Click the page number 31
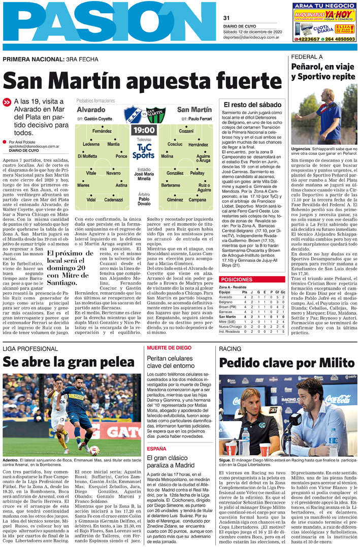(x=226, y=19)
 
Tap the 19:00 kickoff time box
(x=143, y=130)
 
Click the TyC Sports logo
(x=143, y=151)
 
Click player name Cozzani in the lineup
(x=186, y=131)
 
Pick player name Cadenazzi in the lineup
(x=113, y=200)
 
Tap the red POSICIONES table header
(x=251, y=280)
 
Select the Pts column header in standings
(x=245, y=292)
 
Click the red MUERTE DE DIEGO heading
(x=169, y=348)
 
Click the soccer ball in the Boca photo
(x=94, y=449)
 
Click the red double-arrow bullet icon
(x=7, y=102)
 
